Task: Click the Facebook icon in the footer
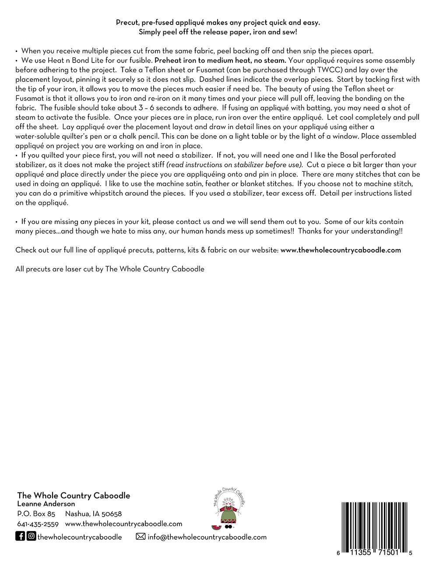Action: coord(20,536)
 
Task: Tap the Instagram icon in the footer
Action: coord(31,536)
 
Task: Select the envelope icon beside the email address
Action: coord(141,537)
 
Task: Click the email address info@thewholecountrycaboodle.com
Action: coord(207,537)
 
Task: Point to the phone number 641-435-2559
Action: coord(38,524)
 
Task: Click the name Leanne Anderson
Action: coord(46,504)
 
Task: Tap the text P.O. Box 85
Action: coord(36,514)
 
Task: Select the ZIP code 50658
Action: coord(111,514)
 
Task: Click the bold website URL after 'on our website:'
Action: coord(341,250)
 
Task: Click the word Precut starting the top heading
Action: coord(127,23)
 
